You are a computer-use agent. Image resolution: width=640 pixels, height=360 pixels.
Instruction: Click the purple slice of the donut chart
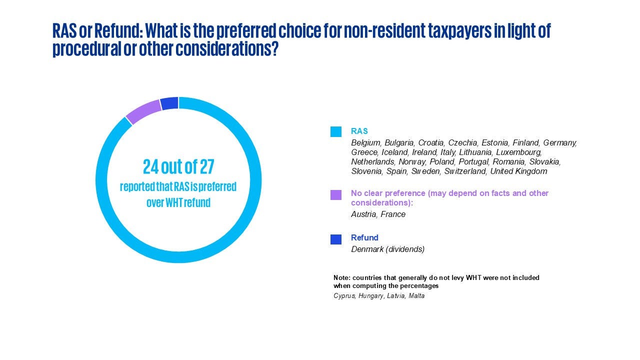pyautogui.click(x=144, y=111)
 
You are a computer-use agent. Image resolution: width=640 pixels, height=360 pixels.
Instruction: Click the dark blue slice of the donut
pyautogui.click(x=169, y=103)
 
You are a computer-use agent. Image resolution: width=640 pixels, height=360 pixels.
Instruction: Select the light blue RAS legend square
pyautogui.click(x=335, y=131)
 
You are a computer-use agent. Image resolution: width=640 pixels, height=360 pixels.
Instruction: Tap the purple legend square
pyautogui.click(x=335, y=195)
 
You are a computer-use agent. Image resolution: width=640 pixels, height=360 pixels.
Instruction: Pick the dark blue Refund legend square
pyautogui.click(x=335, y=239)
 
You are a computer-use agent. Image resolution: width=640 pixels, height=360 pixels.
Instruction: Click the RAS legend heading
pyautogui.click(x=359, y=131)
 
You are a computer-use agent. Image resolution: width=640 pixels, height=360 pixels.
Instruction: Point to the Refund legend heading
pyautogui.click(x=364, y=237)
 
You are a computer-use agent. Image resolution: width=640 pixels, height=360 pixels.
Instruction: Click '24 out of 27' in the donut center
pyautogui.click(x=178, y=167)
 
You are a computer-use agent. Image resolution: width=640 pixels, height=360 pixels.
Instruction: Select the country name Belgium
pyautogui.click(x=365, y=142)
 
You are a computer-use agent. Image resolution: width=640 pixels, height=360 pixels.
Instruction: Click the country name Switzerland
pyautogui.click(x=465, y=171)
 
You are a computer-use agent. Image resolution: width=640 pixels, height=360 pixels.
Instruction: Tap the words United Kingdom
pyautogui.click(x=518, y=171)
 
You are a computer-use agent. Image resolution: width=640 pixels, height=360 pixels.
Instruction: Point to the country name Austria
pyautogui.click(x=363, y=214)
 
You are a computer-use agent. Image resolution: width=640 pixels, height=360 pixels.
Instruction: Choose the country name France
pyautogui.click(x=393, y=214)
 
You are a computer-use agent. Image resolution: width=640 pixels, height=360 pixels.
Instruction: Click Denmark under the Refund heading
pyautogui.click(x=367, y=249)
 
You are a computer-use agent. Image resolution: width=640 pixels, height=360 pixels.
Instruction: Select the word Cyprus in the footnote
pyautogui.click(x=344, y=295)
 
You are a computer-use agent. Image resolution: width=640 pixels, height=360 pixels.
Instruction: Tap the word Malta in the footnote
pyautogui.click(x=416, y=295)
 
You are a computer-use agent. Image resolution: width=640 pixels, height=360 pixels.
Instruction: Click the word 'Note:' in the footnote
pyautogui.click(x=341, y=277)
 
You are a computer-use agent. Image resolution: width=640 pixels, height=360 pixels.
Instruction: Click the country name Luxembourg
pyautogui.click(x=518, y=152)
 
